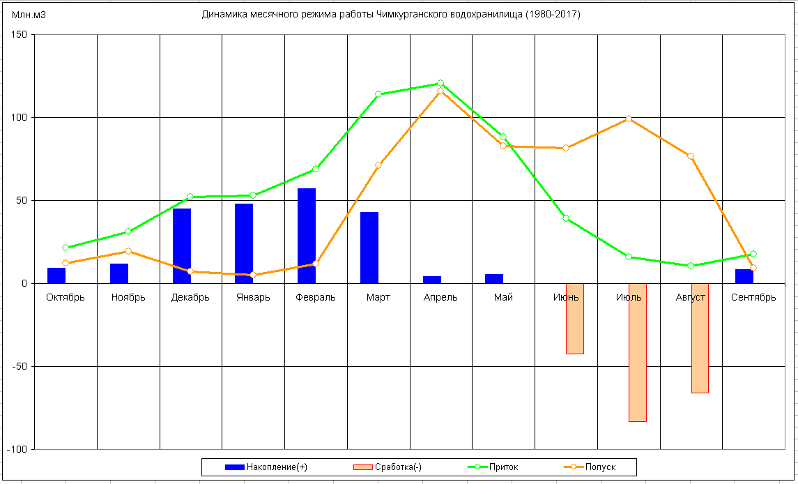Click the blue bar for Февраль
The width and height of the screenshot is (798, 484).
[x=307, y=236]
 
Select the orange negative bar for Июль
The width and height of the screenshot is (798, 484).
[x=638, y=352]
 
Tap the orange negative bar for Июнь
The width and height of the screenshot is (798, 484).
[x=575, y=319]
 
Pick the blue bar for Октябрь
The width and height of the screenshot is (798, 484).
[x=56, y=275]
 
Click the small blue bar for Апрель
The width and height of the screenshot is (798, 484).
[x=432, y=280]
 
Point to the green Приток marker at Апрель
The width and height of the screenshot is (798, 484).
[x=440, y=84]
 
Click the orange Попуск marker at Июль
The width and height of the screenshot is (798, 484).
[x=629, y=119]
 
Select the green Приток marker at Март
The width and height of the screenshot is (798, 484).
[x=378, y=94]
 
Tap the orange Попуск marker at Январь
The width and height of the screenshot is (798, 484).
[x=253, y=275]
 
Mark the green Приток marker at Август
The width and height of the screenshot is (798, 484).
[x=691, y=266]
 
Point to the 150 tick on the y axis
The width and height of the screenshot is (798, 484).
[x=19, y=35]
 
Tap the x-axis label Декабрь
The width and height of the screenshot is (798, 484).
[x=190, y=298]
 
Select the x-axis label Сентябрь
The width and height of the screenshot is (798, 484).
[x=753, y=298]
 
